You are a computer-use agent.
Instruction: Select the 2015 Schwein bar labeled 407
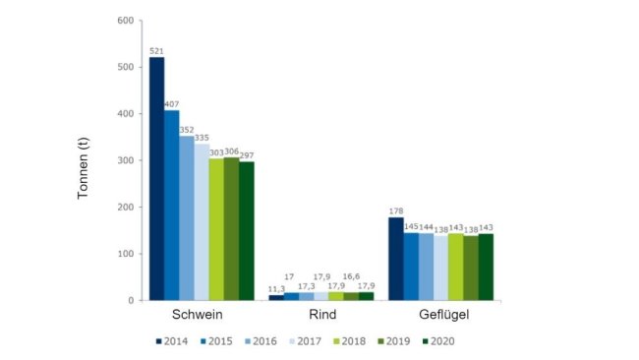click(171, 206)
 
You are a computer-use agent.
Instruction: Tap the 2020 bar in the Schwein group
click(246, 231)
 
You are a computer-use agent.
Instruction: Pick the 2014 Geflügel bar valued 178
click(395, 259)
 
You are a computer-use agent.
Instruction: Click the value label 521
click(156, 50)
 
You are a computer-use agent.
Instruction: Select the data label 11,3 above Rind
click(277, 287)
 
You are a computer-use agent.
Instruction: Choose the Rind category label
click(321, 316)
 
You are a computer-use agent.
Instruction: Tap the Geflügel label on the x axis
click(440, 316)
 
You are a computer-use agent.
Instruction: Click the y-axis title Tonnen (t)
click(86, 160)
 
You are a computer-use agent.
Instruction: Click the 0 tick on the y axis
click(130, 300)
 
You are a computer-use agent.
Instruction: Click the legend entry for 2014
click(175, 341)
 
